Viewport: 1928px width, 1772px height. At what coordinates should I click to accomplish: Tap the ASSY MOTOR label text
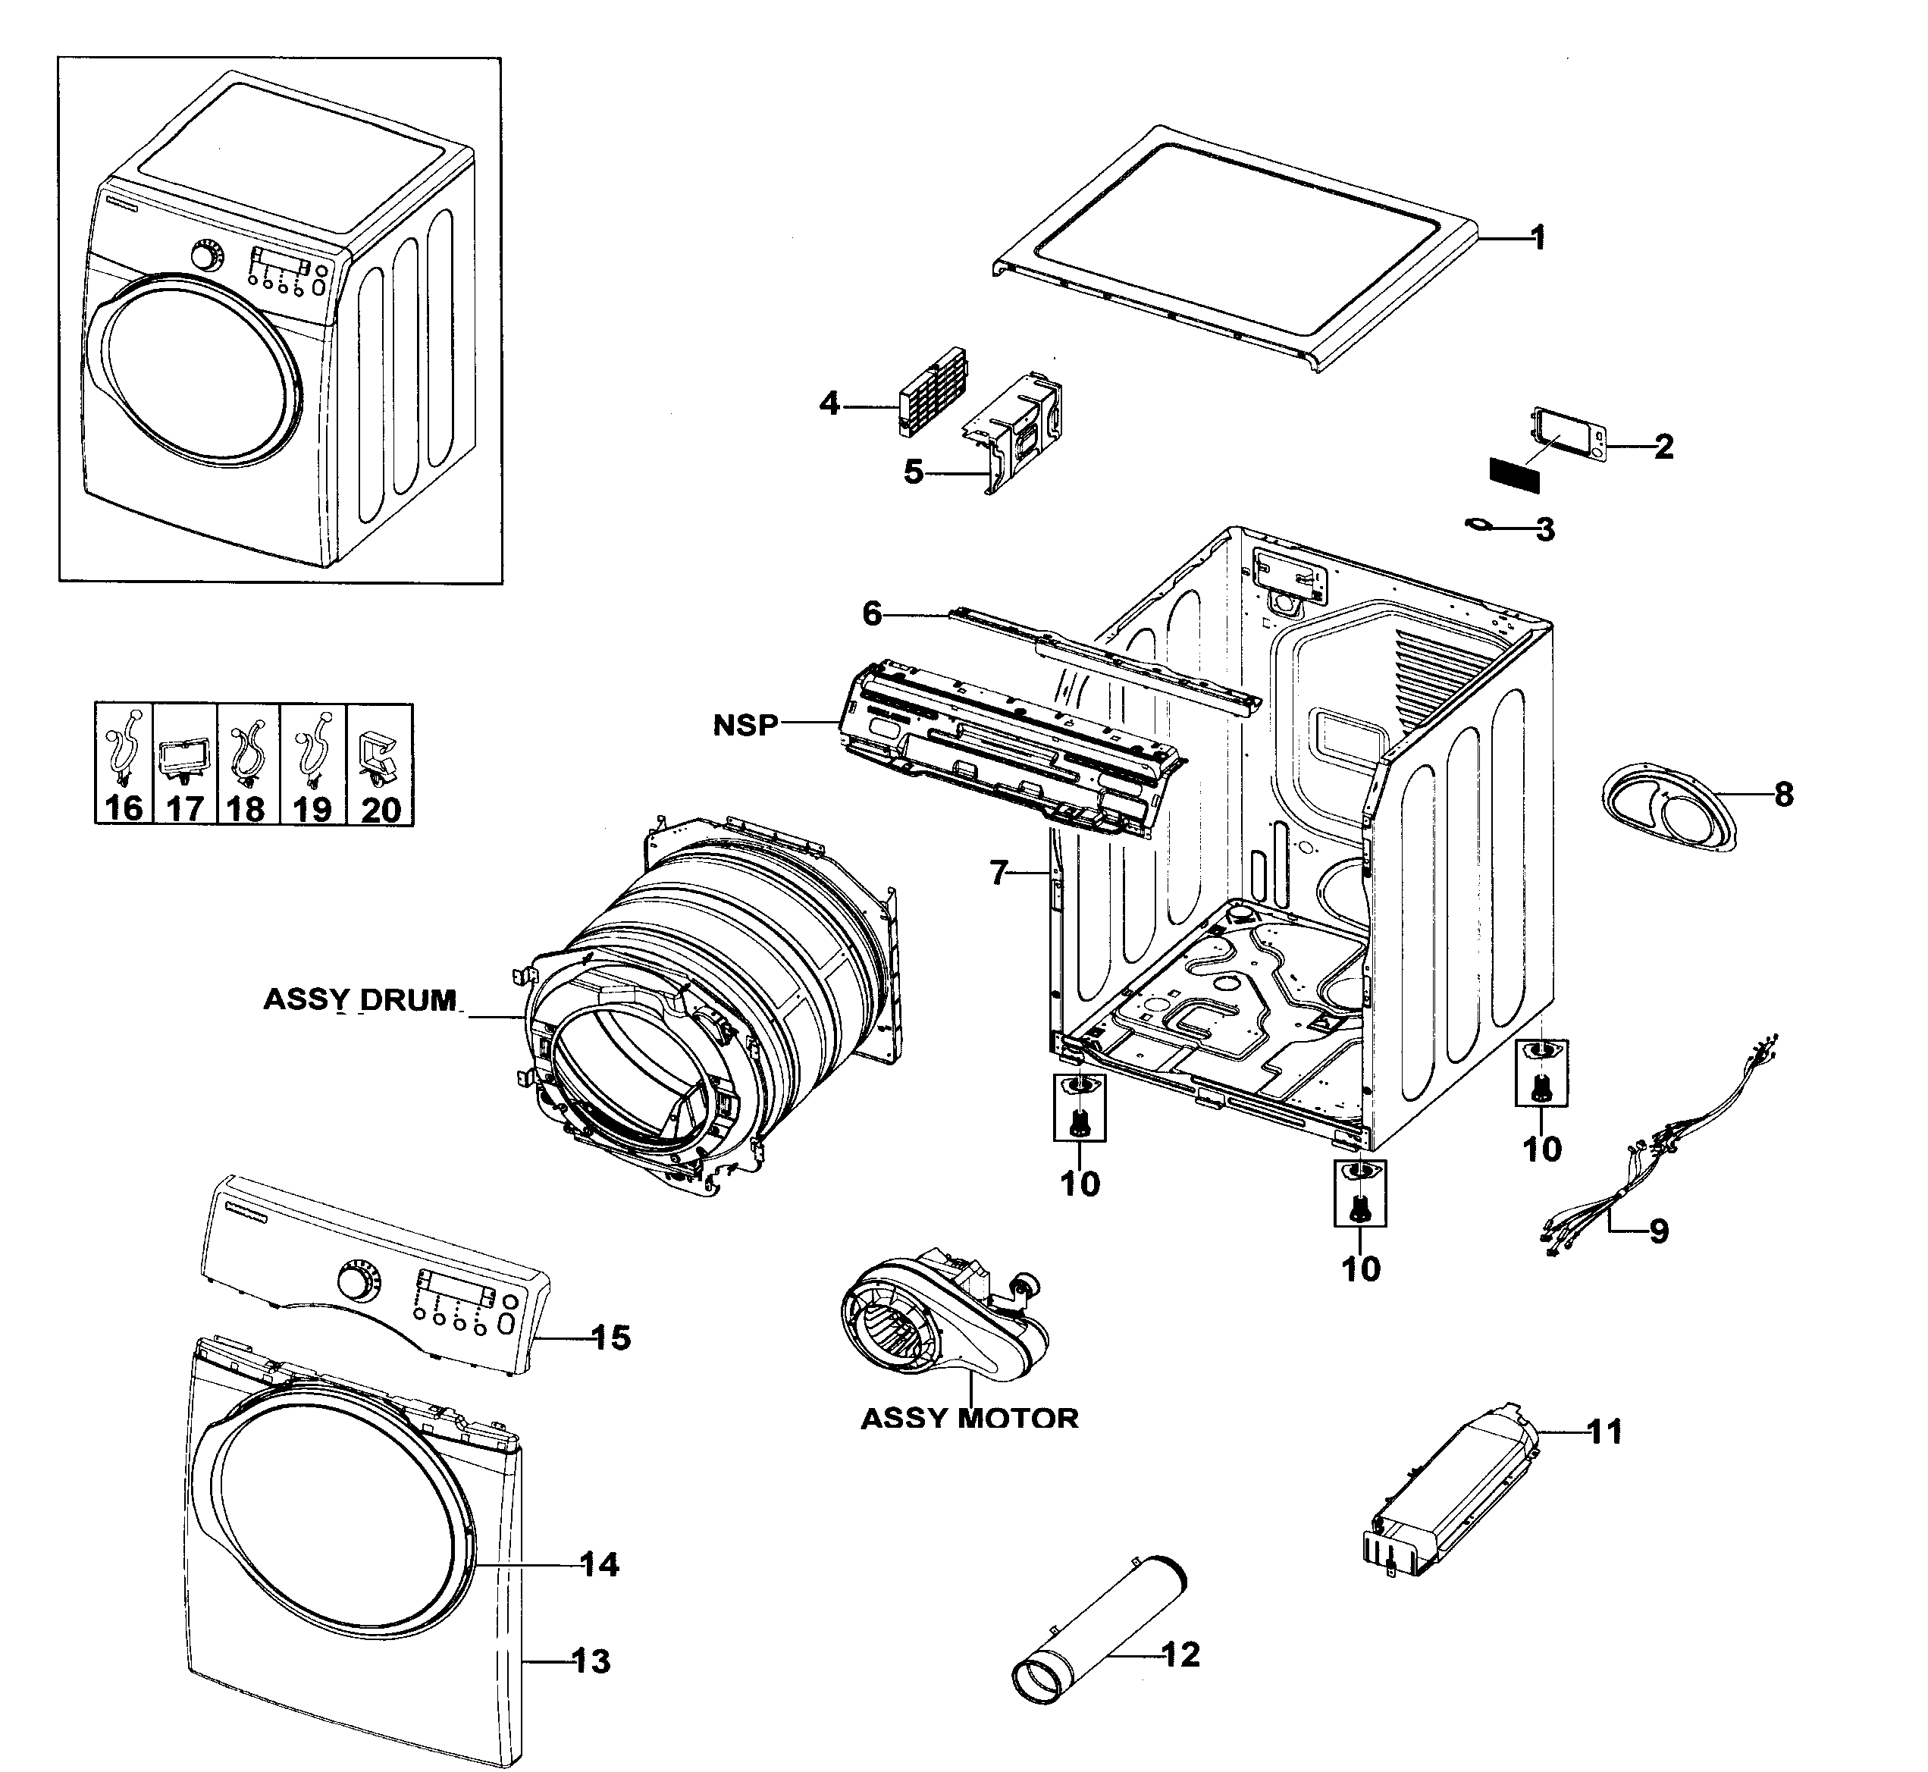pyautogui.click(x=969, y=1418)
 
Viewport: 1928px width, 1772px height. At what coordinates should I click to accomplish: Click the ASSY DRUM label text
pyautogui.click(x=360, y=999)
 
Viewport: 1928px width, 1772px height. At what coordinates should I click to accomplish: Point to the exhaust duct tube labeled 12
pyautogui.click(x=1099, y=1645)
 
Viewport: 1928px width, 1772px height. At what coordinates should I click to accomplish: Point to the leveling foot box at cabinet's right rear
pyautogui.click(x=1541, y=1072)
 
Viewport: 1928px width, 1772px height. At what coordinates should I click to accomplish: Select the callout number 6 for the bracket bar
pyautogui.click(x=871, y=613)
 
